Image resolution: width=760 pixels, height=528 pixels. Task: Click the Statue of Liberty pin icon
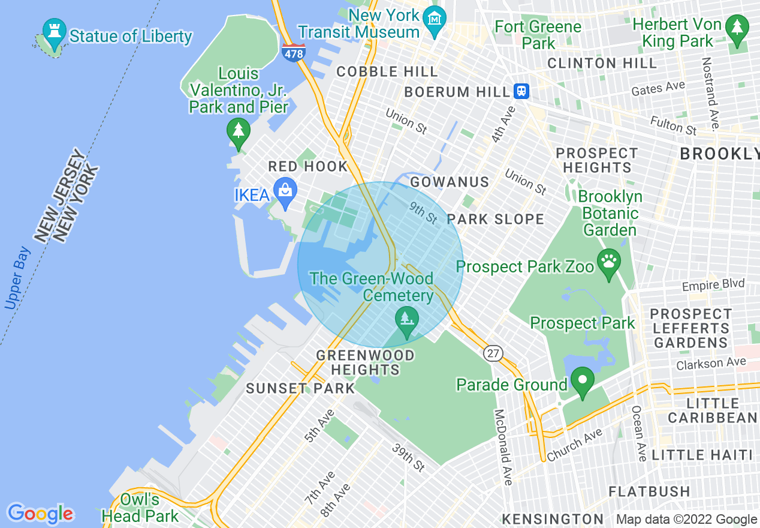(54, 34)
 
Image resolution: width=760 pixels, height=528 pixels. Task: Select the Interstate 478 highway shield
(293, 52)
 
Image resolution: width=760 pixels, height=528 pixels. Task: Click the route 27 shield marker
(493, 353)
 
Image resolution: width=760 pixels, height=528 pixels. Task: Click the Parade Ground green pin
(582, 382)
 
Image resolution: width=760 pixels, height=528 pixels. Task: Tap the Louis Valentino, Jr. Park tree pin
(239, 131)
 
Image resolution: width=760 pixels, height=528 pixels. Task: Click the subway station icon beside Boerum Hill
(521, 91)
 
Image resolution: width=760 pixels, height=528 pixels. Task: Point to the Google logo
(40, 514)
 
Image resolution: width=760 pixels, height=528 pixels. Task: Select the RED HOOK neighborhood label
(307, 166)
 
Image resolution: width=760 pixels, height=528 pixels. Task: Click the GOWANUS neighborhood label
(450, 182)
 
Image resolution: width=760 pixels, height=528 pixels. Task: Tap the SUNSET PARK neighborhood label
(300, 388)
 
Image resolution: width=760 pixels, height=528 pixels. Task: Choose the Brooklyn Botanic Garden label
(610, 213)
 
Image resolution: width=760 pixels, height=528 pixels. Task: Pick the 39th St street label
(408, 457)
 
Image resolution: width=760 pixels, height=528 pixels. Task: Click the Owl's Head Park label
(140, 508)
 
